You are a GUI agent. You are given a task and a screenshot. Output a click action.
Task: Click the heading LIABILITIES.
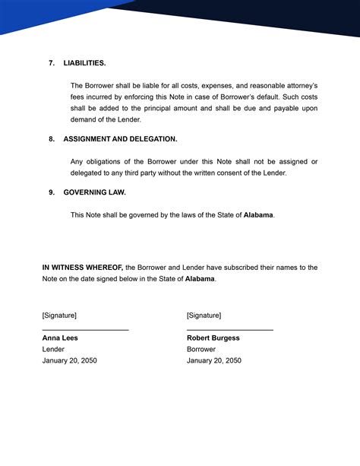pos(85,63)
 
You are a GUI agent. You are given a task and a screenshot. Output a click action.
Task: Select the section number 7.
pos(52,63)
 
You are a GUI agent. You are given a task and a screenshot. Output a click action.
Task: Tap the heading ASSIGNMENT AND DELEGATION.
pos(120,139)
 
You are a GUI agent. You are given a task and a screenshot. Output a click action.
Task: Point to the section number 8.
pos(52,139)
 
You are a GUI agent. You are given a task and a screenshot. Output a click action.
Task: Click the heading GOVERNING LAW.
pos(95,192)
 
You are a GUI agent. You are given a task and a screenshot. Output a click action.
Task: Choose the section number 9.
pos(52,192)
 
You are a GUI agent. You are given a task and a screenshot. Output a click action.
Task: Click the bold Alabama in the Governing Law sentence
pos(258,215)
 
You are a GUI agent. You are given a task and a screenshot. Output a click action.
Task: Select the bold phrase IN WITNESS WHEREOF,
pos(82,268)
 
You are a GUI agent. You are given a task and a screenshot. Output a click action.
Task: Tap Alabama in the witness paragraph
pos(200,279)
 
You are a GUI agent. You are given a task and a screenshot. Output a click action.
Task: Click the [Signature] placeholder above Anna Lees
pos(59,315)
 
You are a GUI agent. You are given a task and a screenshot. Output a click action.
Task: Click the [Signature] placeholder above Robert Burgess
pos(204,315)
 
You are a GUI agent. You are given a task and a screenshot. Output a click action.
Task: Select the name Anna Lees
pos(60,338)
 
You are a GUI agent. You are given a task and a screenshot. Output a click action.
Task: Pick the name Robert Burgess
pos(213,338)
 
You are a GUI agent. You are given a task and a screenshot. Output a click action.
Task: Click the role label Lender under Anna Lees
pos(53,349)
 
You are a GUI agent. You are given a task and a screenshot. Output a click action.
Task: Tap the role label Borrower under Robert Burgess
pos(202,349)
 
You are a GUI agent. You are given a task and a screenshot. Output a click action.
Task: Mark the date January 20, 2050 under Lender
pos(69,360)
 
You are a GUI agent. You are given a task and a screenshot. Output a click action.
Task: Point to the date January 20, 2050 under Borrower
pos(214,360)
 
